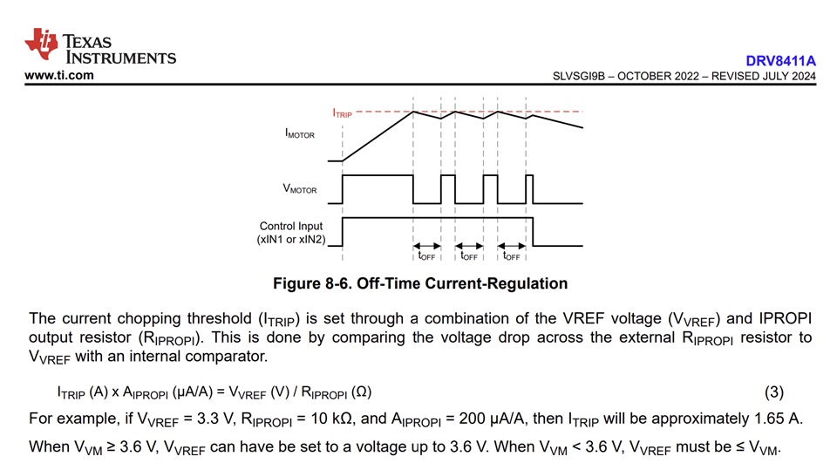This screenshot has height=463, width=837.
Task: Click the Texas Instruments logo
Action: pos(100,47)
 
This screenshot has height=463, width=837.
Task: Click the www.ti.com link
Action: pos(59,76)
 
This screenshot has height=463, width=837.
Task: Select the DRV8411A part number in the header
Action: pos(780,61)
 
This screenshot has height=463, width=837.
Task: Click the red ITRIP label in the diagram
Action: pos(342,113)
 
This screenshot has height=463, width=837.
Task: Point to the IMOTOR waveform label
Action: pos(299,135)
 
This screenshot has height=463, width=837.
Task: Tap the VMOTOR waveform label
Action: pos(299,189)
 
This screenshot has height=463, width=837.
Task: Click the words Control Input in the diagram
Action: pos(291,226)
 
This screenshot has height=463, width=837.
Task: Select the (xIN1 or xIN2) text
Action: pos(290,239)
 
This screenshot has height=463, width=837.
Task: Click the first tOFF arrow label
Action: pos(426,255)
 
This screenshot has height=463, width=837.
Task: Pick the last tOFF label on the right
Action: pos(512,255)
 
